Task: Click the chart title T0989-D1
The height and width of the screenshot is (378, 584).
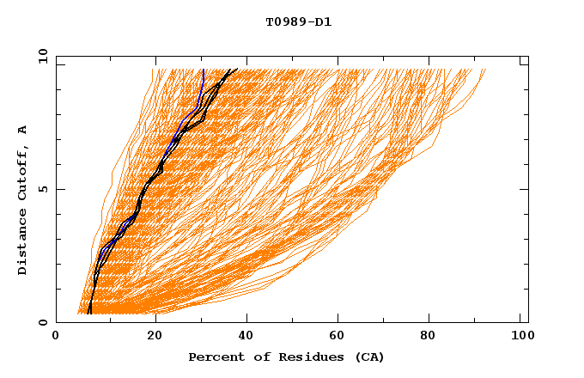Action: coord(298,21)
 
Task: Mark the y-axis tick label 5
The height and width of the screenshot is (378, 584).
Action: coord(43,189)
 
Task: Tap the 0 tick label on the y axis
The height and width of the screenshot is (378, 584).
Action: coord(43,322)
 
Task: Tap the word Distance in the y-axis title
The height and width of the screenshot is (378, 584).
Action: coord(23,242)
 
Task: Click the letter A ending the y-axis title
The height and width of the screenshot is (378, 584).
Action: coord(23,129)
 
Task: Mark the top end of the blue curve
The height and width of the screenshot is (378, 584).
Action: coord(203,70)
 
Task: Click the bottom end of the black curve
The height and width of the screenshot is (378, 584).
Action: coord(89,314)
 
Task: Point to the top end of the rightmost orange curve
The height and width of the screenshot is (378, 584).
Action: coord(485,70)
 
